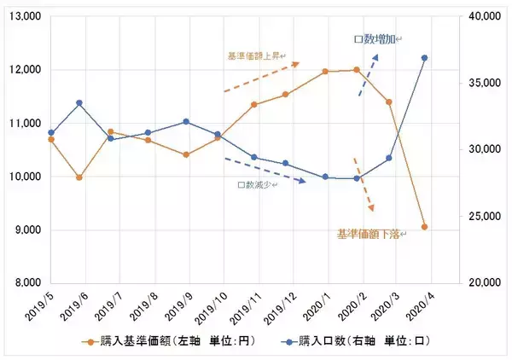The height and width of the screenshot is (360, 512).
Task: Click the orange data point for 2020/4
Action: pos(424,228)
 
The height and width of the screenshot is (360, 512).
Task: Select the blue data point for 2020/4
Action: pos(424,58)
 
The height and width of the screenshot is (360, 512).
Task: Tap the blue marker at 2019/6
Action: pos(79,103)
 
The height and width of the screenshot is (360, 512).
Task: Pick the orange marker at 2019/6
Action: pos(79,177)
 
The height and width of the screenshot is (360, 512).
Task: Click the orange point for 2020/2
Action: pos(357,70)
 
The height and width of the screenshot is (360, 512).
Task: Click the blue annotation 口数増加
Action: pos(375,39)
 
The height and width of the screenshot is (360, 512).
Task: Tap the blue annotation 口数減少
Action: pos(253,184)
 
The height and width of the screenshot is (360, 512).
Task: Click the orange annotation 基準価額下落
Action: pos(368,233)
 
